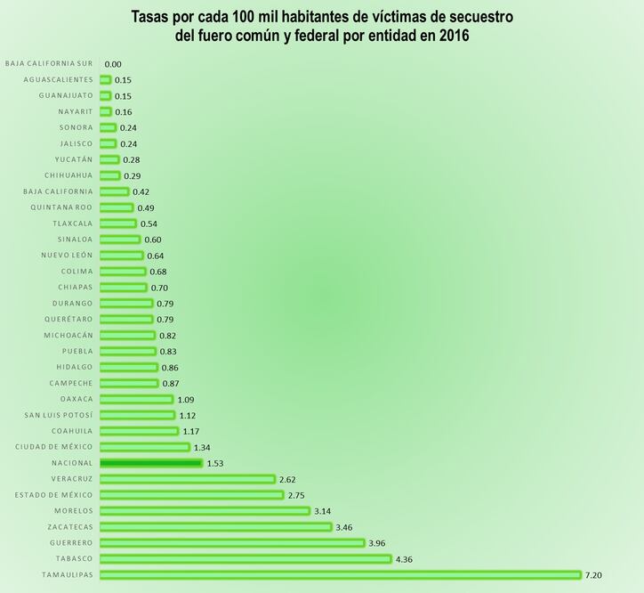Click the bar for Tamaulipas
(340, 575)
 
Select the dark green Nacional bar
(151, 463)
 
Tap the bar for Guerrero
(232, 542)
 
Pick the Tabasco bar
(246, 559)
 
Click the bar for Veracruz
(188, 479)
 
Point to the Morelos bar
(205, 511)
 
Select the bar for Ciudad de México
(145, 447)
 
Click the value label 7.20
(593, 575)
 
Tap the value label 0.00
(113, 64)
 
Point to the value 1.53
(216, 464)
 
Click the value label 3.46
(342, 527)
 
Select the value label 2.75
(296, 495)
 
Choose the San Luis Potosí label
(59, 415)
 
